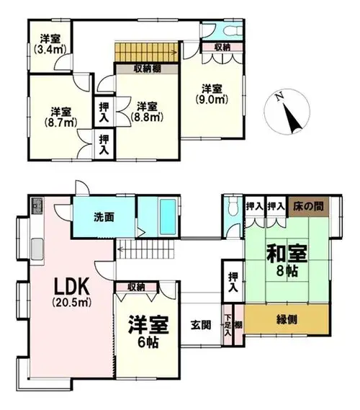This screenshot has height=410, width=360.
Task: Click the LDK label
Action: tap(72, 286)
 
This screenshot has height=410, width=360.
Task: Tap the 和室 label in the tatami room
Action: tap(287, 253)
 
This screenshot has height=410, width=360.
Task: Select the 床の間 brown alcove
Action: tap(308, 206)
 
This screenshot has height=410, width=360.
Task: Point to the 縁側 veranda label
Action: tap(287, 319)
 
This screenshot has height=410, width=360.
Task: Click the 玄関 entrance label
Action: tap(201, 325)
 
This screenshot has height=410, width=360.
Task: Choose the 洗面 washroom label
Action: tap(104, 217)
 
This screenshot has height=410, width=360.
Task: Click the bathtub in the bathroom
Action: tap(168, 217)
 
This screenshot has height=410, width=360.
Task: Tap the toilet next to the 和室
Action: tap(233, 207)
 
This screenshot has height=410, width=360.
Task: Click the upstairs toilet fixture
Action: tap(233, 31)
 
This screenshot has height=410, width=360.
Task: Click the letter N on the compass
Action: tap(280, 97)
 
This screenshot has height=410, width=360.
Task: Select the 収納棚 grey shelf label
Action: tap(147, 68)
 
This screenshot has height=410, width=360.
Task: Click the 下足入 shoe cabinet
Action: tap(228, 325)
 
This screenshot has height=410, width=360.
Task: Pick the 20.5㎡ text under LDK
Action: tap(72, 302)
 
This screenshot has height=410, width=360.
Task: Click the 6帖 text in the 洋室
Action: tap(148, 342)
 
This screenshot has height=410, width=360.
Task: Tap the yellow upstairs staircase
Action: tap(147, 53)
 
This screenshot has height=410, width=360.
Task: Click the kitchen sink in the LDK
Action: tap(37, 249)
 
